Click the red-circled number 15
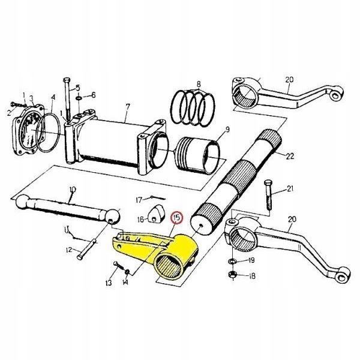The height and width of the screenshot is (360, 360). click(x=176, y=218)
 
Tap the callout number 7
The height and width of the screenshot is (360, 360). click(x=127, y=108)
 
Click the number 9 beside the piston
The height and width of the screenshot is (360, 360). click(x=227, y=130)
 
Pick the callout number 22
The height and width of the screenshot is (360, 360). click(x=290, y=157)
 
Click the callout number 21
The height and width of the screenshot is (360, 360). click(x=290, y=190)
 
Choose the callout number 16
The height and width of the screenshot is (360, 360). click(x=137, y=218)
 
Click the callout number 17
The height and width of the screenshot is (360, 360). click(x=137, y=199)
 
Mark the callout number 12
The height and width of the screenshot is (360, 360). click(x=69, y=250)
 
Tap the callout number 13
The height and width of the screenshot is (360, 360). click(x=109, y=283)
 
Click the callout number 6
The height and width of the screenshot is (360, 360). click(x=92, y=95)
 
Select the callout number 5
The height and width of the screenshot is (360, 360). click(x=76, y=88)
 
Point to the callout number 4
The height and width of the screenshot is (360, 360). click(x=53, y=97)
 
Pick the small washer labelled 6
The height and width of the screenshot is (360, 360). click(x=79, y=97)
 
